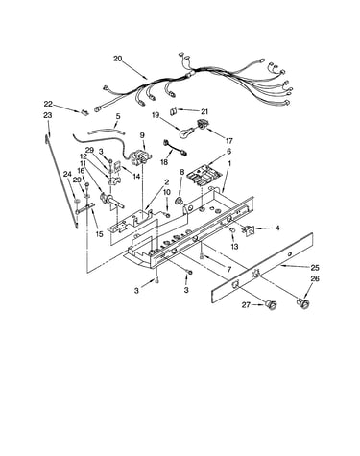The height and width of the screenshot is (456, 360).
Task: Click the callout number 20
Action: coord(118,59)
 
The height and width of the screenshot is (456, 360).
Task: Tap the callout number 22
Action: coord(48,104)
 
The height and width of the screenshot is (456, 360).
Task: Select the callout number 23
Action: coord(47,115)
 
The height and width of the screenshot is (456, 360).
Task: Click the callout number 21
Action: coord(204,111)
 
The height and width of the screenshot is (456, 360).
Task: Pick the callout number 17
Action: coord(228,140)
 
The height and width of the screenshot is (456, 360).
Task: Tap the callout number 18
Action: coord(164,162)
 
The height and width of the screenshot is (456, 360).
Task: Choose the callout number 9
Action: coord(142,135)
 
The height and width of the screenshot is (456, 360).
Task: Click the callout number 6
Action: coord(228,152)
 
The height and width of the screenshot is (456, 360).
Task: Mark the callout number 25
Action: coord(315,268)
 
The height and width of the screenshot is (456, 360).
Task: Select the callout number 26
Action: coord(315,278)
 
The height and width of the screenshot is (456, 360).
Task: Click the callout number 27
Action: coord(246,305)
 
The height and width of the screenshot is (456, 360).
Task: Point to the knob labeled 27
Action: coord(272,305)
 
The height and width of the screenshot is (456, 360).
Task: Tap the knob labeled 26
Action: coord(303,303)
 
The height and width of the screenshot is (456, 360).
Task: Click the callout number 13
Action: coord(234,247)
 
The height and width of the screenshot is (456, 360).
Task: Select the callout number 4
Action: coord(277,228)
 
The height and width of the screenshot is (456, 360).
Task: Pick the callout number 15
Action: coord(99,234)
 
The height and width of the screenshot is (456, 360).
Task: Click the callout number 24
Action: coord(67,174)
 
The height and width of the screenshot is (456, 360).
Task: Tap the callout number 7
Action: coord(228,270)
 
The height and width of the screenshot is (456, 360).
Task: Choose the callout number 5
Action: coord(118,116)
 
